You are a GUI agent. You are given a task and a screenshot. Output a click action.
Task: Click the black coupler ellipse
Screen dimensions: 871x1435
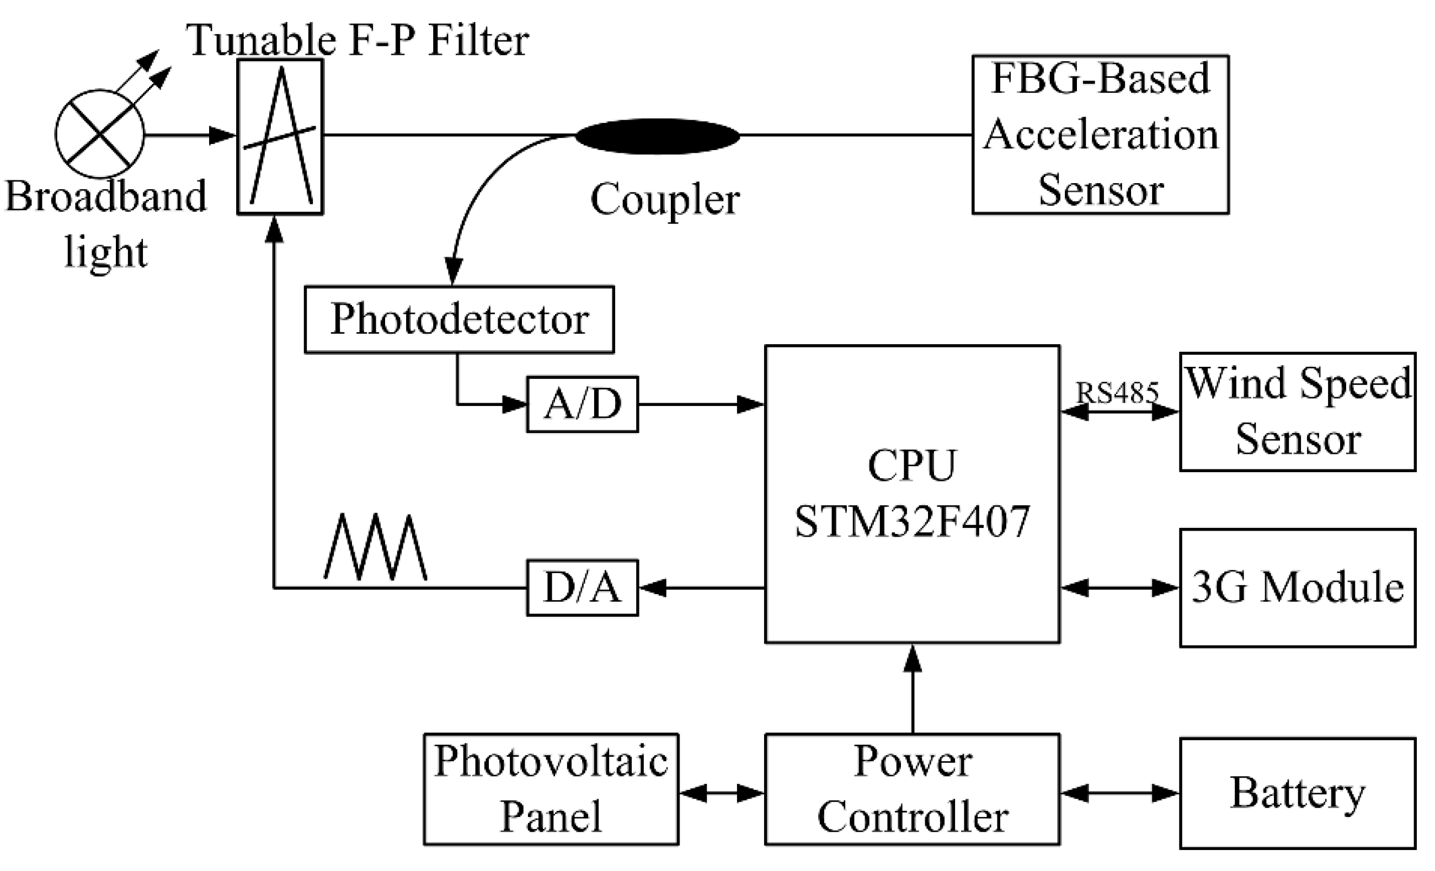(657, 136)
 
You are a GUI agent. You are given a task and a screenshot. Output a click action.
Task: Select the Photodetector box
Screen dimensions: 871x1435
(459, 319)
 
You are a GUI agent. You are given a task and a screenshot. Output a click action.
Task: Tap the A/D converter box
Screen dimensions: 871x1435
(582, 404)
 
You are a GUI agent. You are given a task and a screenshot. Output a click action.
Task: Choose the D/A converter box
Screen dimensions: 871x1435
(582, 587)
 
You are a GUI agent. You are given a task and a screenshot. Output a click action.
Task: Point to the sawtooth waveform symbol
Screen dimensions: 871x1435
(376, 547)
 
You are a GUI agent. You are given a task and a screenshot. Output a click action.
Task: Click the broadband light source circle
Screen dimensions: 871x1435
(100, 134)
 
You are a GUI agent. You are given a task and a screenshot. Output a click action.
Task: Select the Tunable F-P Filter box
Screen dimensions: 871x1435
(280, 137)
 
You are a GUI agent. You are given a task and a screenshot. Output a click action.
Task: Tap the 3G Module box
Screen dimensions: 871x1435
(1298, 587)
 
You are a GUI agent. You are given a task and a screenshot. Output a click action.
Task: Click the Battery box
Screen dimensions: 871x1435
(1298, 793)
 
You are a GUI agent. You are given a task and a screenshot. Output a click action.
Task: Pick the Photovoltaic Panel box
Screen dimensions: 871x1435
(551, 789)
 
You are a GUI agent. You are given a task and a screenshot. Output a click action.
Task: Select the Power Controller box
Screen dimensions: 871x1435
(912, 789)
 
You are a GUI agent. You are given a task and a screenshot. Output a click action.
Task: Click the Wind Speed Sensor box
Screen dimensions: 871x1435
(1298, 412)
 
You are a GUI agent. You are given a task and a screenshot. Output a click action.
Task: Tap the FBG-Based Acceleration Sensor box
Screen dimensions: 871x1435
(1100, 135)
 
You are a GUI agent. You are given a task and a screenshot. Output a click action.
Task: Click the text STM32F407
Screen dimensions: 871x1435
(912, 522)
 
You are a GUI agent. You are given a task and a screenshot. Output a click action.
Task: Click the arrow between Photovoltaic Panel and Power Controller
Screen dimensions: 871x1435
(722, 793)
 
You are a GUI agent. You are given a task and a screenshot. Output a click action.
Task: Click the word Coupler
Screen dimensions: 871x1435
(664, 199)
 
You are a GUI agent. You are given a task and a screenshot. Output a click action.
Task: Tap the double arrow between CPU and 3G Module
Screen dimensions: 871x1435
(1119, 587)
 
